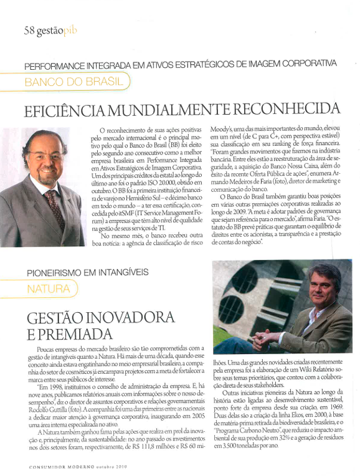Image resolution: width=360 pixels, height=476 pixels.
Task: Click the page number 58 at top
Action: (30, 30)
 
